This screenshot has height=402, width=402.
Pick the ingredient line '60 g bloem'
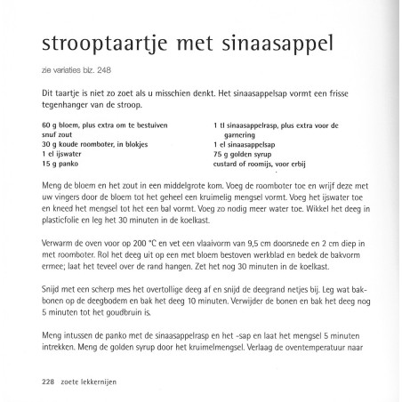59,125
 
